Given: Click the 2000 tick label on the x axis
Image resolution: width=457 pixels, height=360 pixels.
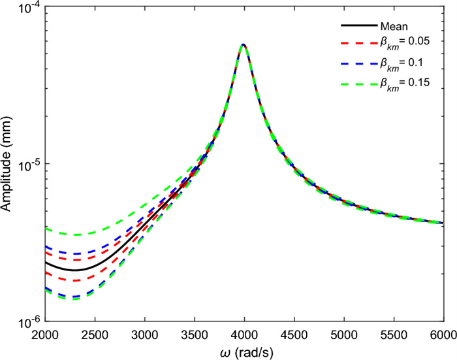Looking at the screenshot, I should pos(45,333).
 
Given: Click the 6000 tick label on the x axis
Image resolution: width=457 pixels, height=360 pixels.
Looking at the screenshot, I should pos(441,333).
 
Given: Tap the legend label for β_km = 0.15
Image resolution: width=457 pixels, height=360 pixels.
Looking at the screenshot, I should pos(406,83).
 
